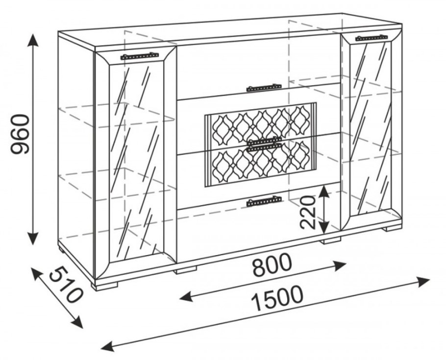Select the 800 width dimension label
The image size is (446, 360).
point(272,265)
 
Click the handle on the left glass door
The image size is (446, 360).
point(139,56)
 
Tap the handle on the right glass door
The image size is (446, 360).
point(372,38)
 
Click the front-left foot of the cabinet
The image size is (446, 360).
point(106,286)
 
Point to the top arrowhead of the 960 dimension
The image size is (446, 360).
point(33,40)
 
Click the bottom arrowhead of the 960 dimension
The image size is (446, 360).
point(33,238)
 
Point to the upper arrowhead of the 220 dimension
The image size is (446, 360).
point(323,191)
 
